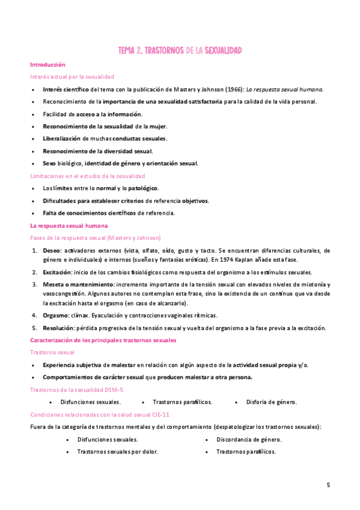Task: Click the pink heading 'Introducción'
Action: pos(47,64)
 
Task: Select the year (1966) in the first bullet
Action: pos(234,89)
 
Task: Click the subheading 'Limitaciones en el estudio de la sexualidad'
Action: pos(88,176)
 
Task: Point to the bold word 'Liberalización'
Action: pos(61,138)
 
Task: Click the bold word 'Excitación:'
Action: pos(58,272)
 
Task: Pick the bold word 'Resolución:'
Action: pos(59,328)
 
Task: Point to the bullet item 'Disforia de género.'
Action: pos(272,402)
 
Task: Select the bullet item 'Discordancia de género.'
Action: pos(249,440)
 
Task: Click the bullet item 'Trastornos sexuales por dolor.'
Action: pos(117,452)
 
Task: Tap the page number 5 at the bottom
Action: pos(328,485)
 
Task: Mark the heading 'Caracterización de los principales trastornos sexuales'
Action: pos(103,340)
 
